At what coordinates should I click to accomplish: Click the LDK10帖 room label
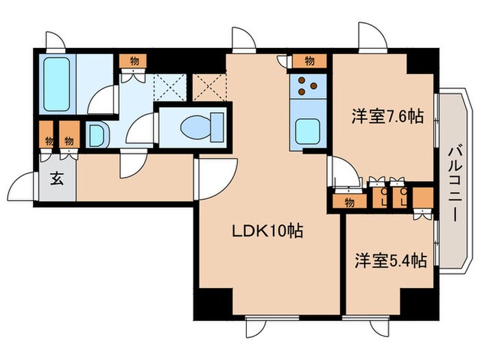[267, 232]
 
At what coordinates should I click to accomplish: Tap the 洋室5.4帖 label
[390, 261]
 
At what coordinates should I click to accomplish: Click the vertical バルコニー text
[454, 181]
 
